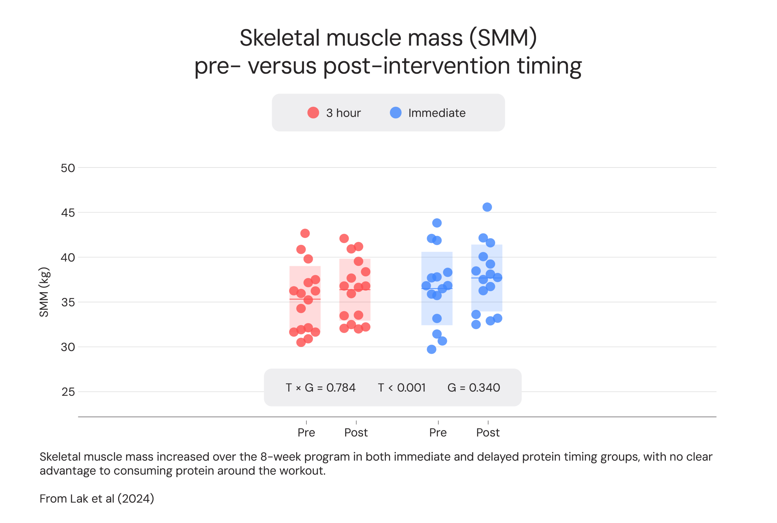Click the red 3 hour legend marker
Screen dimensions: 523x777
click(x=313, y=113)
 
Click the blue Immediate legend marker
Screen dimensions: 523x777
click(x=395, y=113)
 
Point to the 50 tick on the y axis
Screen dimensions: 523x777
click(x=68, y=168)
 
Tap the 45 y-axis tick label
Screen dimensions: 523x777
click(x=68, y=213)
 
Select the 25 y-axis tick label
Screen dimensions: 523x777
click(x=68, y=392)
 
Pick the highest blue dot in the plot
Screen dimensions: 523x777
click(x=487, y=207)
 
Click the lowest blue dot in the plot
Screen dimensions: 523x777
click(x=432, y=349)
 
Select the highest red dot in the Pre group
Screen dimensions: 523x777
click(x=305, y=233)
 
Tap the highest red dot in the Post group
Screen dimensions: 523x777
click(x=344, y=239)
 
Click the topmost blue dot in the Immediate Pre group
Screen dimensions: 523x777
click(x=437, y=223)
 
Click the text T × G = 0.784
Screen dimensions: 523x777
click(x=321, y=388)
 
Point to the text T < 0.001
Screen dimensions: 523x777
click(x=402, y=388)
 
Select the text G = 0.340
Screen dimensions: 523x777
click(x=473, y=388)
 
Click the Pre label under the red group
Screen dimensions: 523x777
click(x=306, y=433)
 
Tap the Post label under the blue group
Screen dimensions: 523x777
click(x=488, y=433)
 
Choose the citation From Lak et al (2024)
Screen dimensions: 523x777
click(x=97, y=499)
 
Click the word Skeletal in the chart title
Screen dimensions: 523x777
click(x=280, y=38)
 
